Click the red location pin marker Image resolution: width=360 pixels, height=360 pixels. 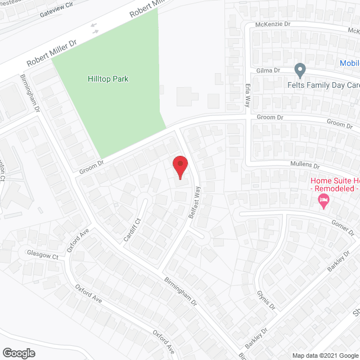179,167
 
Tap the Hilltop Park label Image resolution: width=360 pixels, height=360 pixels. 108,79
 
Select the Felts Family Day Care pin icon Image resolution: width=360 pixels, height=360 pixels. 300,70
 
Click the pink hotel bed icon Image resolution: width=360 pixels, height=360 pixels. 323,201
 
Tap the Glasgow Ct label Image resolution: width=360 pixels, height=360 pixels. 43,255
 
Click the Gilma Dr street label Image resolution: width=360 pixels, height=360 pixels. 268,70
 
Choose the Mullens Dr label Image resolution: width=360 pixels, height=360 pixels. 304,165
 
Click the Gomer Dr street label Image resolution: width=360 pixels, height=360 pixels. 343,227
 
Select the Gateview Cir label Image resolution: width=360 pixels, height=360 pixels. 57,12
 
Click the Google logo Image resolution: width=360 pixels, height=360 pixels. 18,353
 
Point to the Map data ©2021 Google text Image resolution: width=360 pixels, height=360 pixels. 325,355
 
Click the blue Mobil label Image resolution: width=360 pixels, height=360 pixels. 349,63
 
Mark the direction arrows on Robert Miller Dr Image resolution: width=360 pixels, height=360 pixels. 94,27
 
